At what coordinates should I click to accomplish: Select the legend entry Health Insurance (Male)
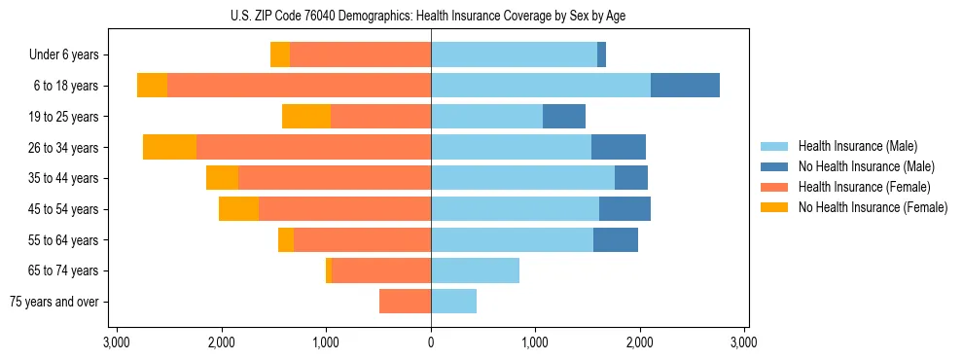point(857,146)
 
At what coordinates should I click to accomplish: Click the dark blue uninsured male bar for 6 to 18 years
point(685,86)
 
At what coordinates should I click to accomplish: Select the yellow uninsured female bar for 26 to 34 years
point(169,147)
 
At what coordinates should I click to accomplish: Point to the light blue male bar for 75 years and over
point(453,302)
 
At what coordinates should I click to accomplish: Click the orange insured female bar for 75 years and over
point(405,302)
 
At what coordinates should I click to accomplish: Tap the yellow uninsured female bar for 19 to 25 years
point(306,117)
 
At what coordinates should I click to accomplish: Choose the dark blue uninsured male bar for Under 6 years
point(601,54)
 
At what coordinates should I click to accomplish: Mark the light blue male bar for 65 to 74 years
point(475,270)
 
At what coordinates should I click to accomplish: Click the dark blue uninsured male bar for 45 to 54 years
point(624,209)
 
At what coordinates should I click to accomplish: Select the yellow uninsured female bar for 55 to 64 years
point(286,239)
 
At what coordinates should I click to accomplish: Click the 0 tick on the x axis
point(431,342)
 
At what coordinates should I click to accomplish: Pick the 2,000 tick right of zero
point(640,342)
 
